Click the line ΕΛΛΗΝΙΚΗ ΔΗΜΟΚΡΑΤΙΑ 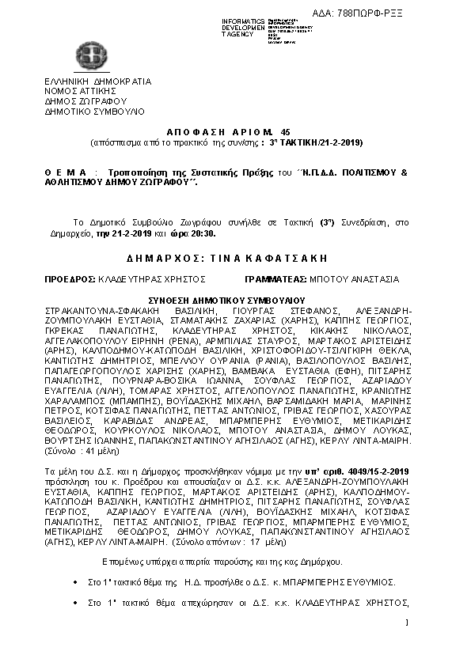pos(97,81)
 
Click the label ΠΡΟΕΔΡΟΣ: pos(70,279)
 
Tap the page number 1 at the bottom pos(405,625)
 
